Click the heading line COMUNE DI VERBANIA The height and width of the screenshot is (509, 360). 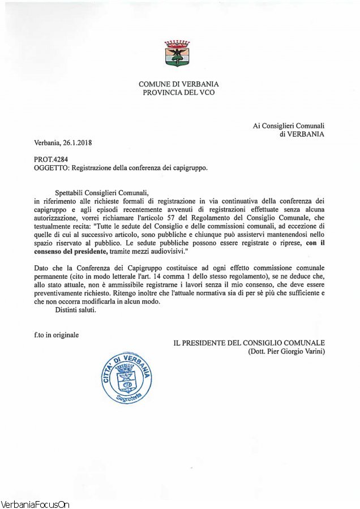click(179, 84)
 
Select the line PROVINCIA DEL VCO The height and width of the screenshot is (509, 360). click(179, 92)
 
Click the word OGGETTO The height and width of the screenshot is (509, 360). click(50, 168)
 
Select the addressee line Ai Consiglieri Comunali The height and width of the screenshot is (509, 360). click(289, 126)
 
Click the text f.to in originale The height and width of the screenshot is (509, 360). click(56, 335)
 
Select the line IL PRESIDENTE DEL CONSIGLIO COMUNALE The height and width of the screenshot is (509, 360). click(249, 343)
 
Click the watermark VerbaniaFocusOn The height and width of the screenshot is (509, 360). click(35, 504)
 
